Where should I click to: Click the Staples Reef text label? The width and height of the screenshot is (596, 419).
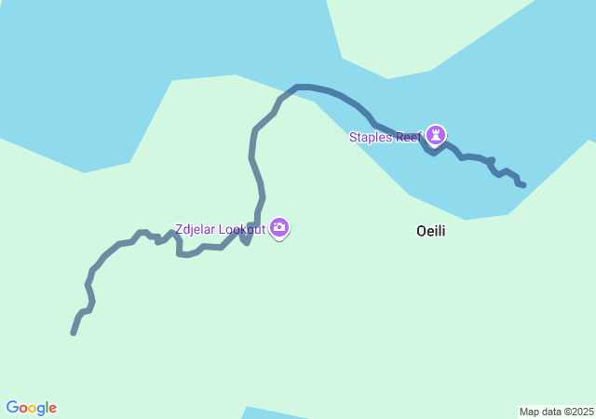point(386,138)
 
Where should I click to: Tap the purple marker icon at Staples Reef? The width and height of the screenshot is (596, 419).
point(436,135)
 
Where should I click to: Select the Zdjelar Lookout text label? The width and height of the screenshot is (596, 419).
point(220,229)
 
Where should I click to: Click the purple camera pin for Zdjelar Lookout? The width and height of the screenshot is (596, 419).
point(279,227)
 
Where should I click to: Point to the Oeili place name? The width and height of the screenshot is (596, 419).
point(430,231)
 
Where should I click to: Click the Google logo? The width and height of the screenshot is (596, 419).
point(32,408)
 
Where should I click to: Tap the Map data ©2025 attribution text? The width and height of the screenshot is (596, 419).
point(556,412)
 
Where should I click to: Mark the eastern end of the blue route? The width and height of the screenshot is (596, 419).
point(523,185)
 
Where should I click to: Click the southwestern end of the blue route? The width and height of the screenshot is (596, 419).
point(74,332)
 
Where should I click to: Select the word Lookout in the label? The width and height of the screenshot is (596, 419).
point(242,229)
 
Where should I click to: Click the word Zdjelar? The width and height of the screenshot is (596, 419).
point(196,229)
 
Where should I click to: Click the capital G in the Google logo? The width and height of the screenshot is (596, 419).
point(12,408)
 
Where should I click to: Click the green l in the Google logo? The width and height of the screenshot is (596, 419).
point(47,408)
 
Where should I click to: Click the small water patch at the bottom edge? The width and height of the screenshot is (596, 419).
point(279,413)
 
